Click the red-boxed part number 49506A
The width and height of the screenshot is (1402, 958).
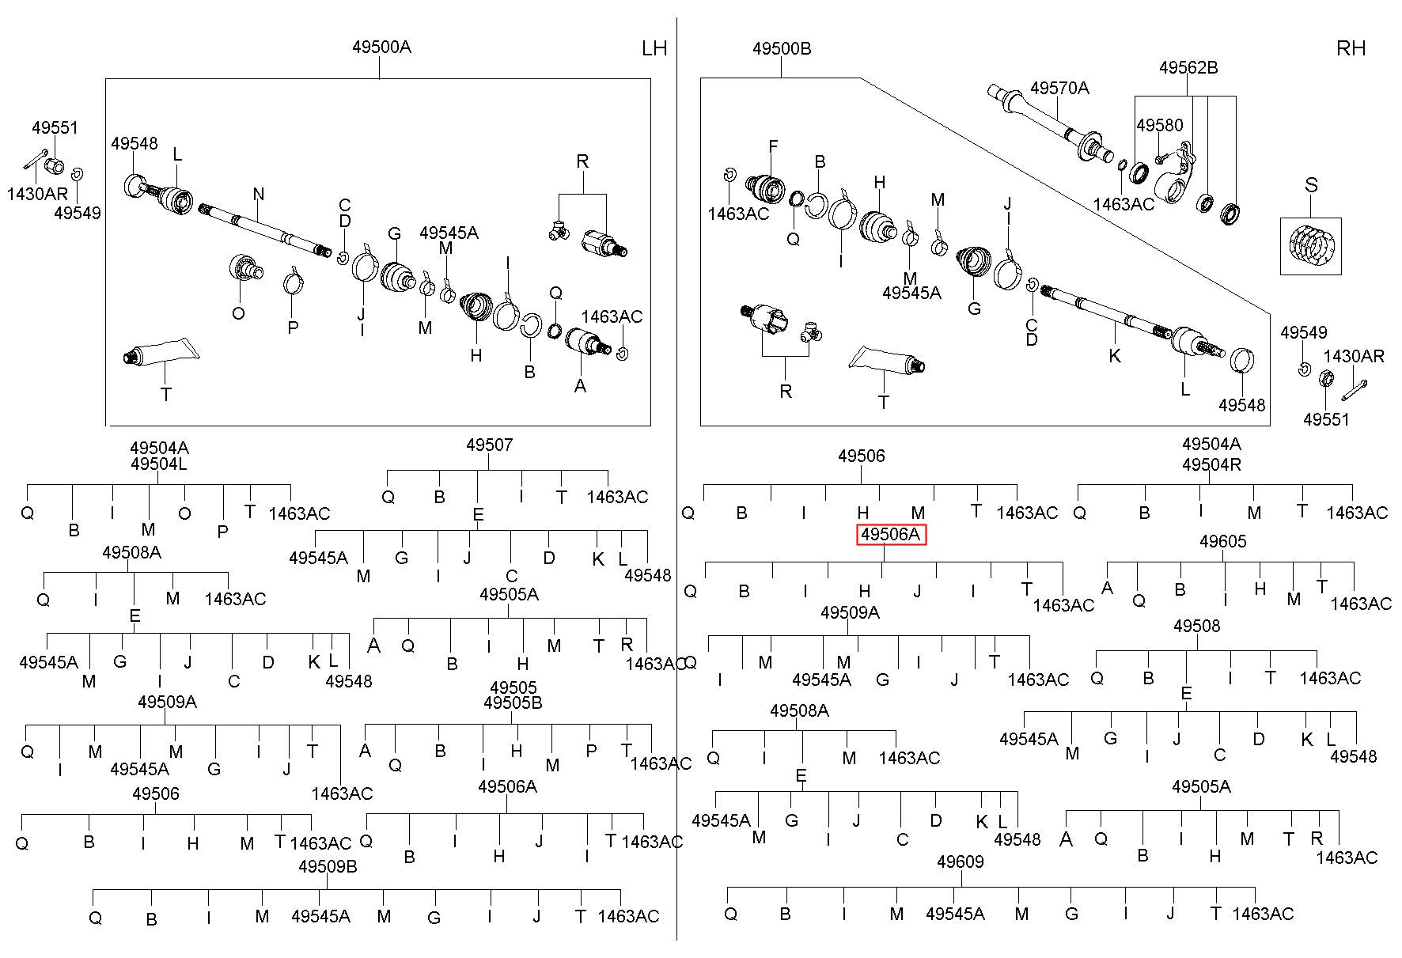(x=891, y=536)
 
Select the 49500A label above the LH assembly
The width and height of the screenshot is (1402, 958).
(x=381, y=47)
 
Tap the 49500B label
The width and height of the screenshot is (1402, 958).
(x=782, y=49)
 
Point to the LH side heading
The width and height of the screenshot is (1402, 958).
(x=654, y=49)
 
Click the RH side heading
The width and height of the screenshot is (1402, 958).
(x=1351, y=49)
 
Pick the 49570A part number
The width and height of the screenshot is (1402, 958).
(x=1059, y=89)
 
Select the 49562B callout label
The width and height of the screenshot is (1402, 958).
(x=1188, y=68)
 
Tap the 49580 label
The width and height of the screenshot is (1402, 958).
(x=1160, y=126)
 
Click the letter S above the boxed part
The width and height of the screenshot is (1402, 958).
(x=1311, y=185)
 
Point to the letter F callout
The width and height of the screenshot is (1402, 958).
(x=773, y=146)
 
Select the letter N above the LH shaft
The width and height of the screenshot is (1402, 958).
(x=259, y=195)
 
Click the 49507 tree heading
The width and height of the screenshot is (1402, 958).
(x=489, y=445)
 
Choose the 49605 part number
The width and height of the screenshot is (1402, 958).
(x=1223, y=542)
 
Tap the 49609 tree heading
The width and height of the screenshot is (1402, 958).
(x=961, y=861)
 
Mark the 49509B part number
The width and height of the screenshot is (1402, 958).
(x=328, y=866)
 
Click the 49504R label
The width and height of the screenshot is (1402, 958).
(x=1211, y=464)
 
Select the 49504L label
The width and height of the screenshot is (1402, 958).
(x=159, y=464)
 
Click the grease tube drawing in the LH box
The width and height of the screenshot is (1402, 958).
(x=158, y=353)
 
